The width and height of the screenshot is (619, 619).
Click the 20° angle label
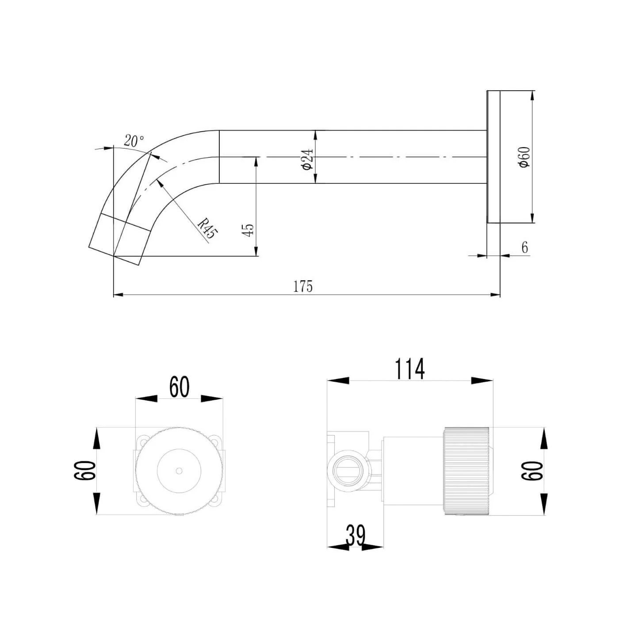134,141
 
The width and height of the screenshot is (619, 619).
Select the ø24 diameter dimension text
308,159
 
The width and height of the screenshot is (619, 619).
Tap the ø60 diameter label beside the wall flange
524,157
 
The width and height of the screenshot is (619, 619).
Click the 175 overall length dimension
303,287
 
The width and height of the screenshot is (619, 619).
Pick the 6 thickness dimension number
524,248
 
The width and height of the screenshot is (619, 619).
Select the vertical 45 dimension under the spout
248,230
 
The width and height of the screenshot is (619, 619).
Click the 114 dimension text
409,369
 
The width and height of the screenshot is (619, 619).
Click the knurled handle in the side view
466,471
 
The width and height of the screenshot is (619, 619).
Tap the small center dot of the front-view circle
179,470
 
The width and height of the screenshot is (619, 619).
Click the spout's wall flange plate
493,157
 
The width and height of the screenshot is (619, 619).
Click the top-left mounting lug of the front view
142,441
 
